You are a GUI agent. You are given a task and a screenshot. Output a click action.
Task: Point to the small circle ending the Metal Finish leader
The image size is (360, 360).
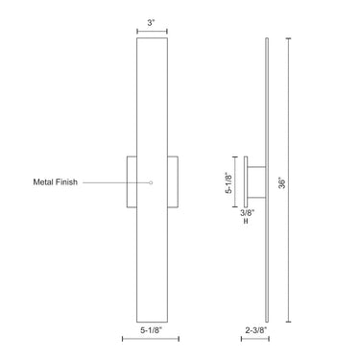pos(151,182)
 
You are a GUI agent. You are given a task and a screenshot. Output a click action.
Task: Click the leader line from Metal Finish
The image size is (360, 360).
pos(115,182)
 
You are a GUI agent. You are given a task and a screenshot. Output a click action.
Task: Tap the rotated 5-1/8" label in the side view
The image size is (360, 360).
pos(228,181)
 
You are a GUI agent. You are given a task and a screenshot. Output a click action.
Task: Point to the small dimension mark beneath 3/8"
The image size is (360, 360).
pos(246,223)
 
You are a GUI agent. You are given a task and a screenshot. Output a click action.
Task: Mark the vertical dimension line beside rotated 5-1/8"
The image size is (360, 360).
pos(236,181)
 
